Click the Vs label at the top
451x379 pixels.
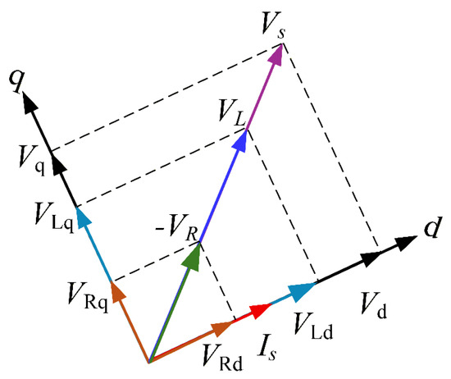(x=273, y=25)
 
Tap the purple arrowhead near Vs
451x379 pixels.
(x=276, y=55)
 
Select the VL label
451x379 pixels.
(x=232, y=113)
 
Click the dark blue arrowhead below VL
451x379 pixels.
(x=239, y=141)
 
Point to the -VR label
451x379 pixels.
(x=177, y=227)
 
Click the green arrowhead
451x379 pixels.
(x=192, y=257)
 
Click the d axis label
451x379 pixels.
(x=432, y=226)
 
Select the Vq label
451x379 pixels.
(x=32, y=160)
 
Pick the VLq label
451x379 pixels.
(x=54, y=217)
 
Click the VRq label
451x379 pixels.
(x=88, y=297)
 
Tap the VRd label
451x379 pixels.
(x=222, y=358)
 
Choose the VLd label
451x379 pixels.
(x=313, y=326)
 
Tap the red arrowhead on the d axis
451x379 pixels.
(x=260, y=311)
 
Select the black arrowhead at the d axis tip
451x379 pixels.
(x=406, y=243)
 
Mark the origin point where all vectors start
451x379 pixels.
(x=149, y=362)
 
